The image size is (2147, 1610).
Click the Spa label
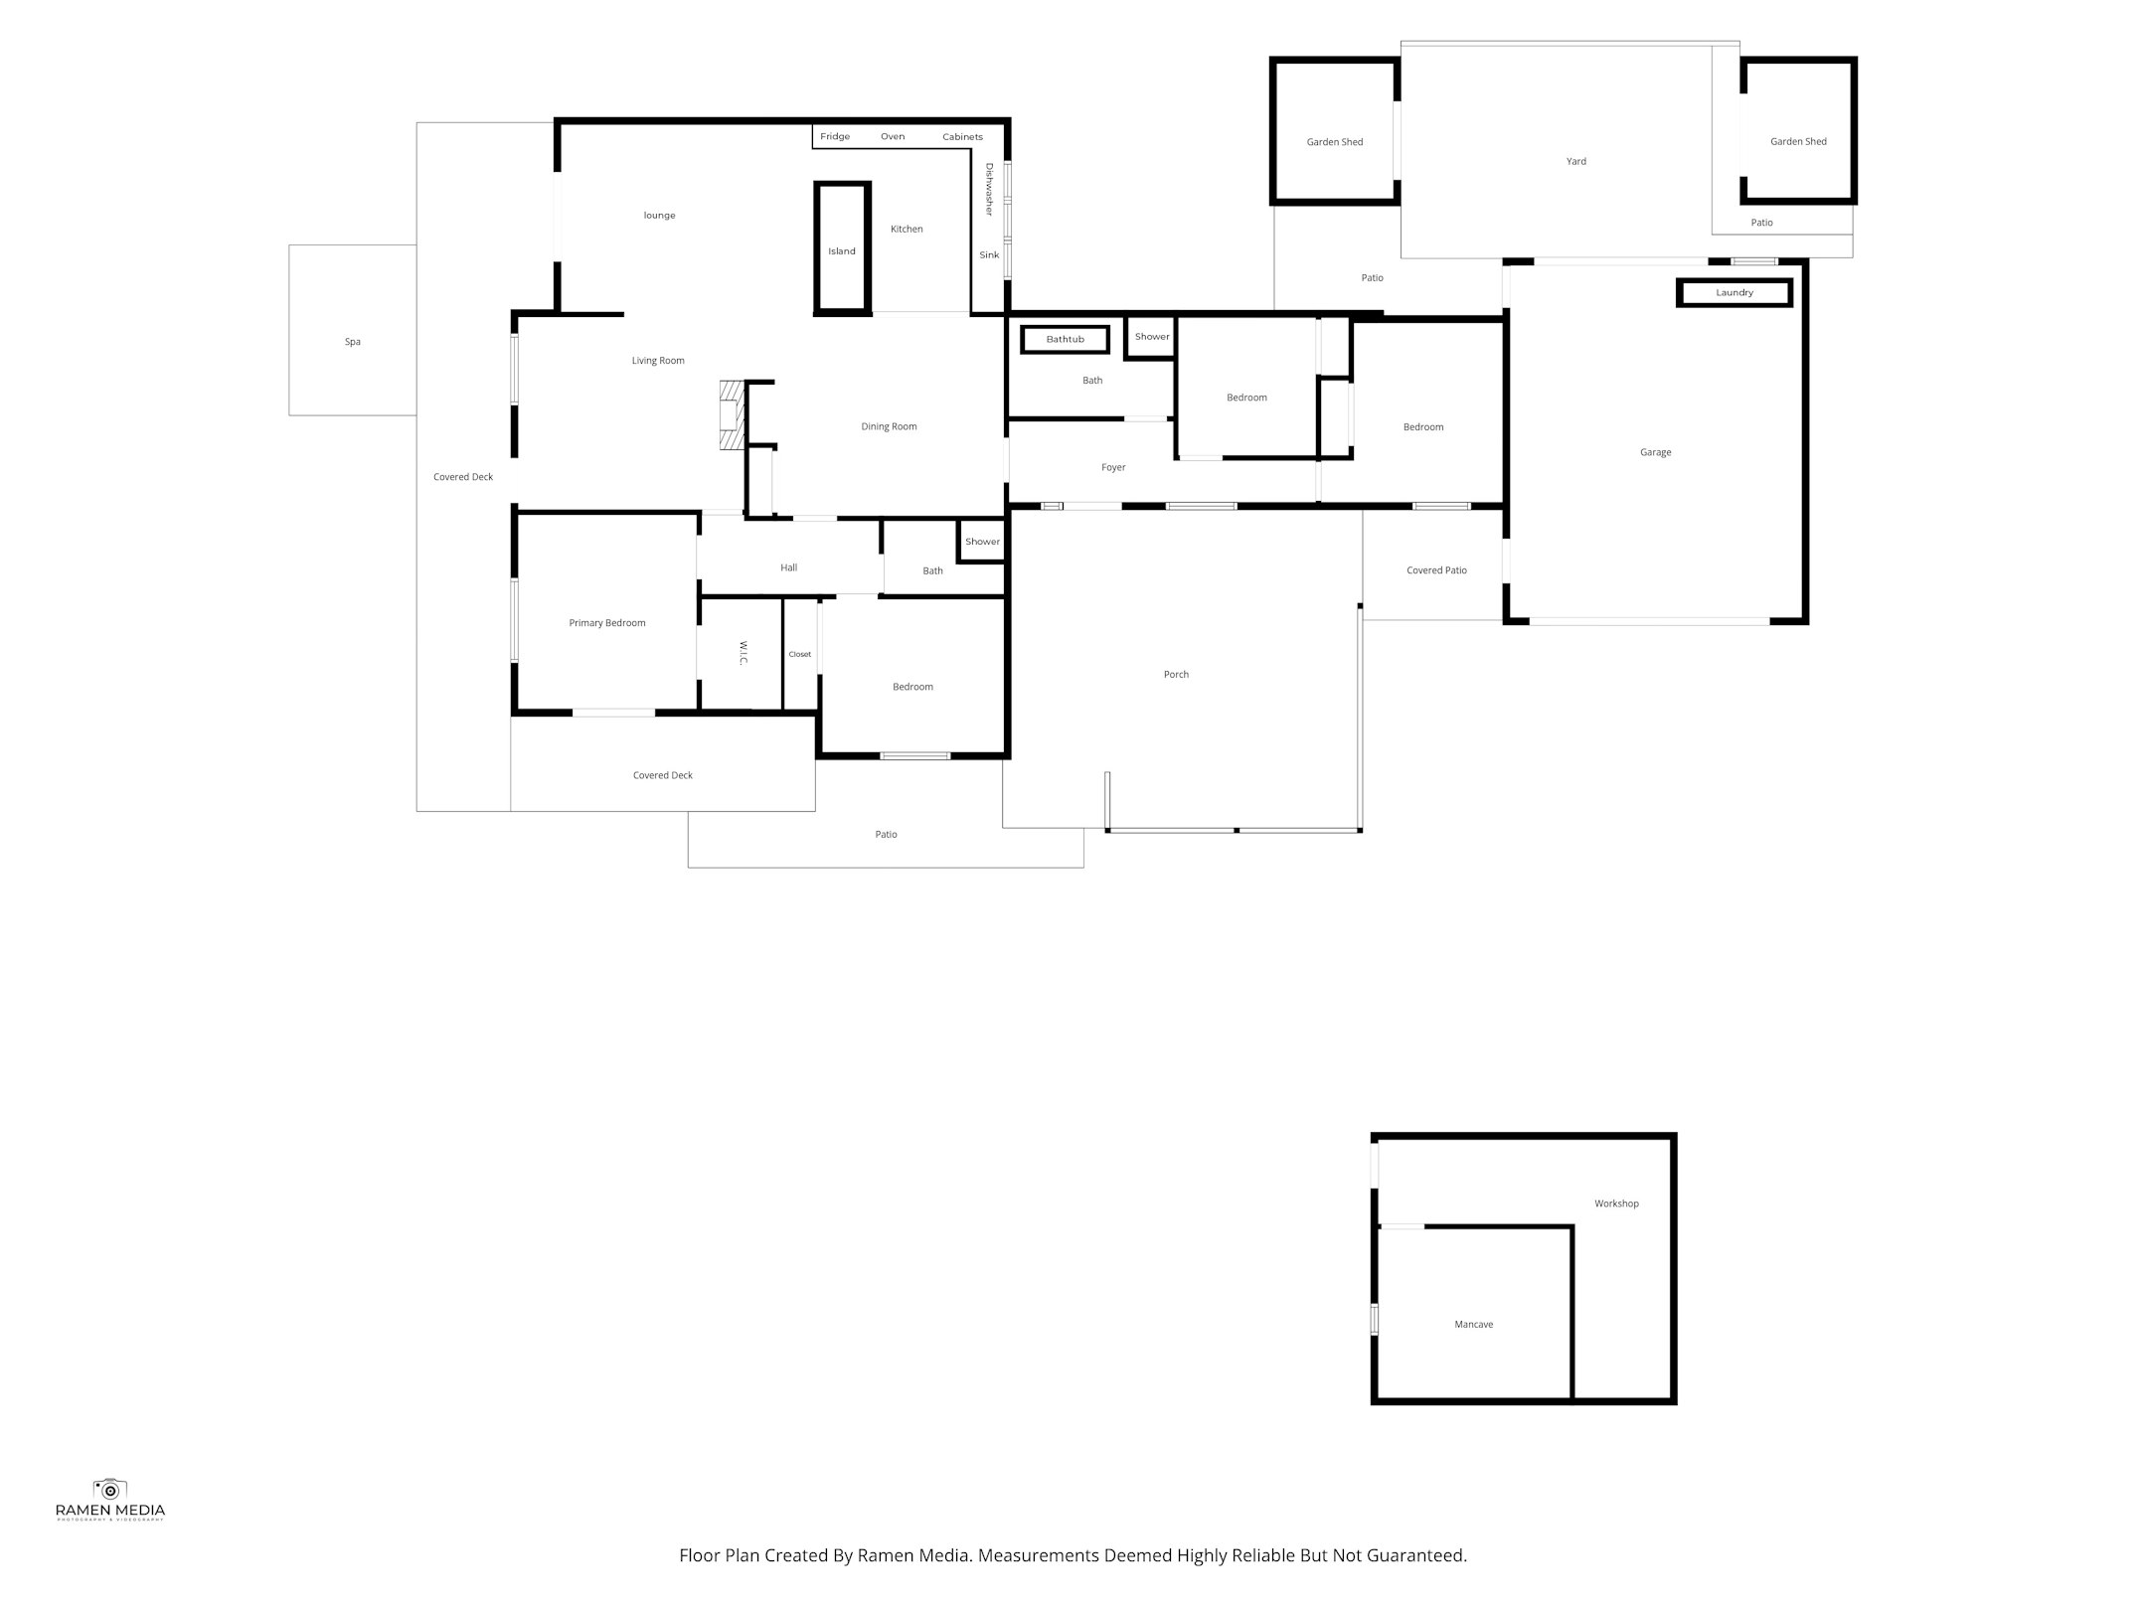[352, 342]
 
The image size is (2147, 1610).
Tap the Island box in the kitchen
[842, 250]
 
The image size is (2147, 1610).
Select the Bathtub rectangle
[1065, 340]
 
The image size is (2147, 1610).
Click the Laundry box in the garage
[1734, 293]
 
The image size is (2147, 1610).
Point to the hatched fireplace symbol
[733, 415]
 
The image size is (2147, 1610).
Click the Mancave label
[1473, 1324]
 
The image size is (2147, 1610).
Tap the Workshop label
[1616, 1204]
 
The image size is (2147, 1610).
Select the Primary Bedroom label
[606, 623]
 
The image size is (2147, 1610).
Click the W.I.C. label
[743, 653]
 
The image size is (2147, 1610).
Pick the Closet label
[800, 654]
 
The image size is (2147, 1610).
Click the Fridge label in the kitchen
[835, 136]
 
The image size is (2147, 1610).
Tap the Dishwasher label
[989, 189]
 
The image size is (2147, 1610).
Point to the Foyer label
[1113, 467]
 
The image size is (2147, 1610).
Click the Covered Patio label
[1436, 570]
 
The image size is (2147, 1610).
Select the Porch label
[1176, 674]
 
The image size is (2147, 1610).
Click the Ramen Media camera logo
[109, 1488]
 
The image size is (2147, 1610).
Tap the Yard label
[1575, 161]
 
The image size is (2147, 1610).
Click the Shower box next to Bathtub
[1152, 337]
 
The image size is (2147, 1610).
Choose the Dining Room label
[889, 426]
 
